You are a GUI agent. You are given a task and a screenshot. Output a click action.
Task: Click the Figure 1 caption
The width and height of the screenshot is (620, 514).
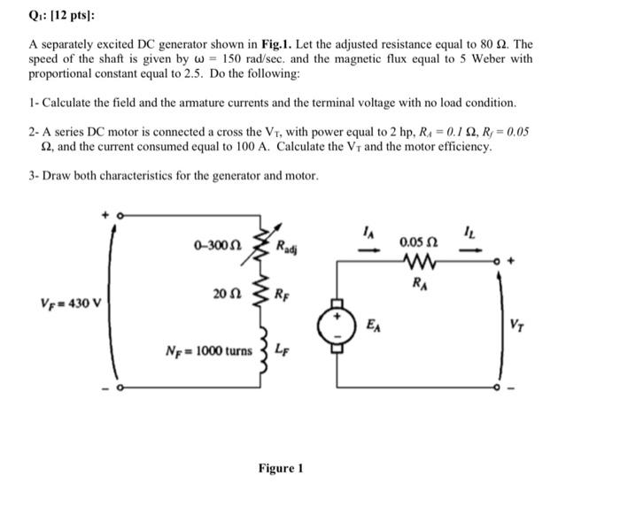pos(281,468)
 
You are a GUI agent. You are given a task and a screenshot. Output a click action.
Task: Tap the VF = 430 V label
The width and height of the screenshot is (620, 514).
pos(72,301)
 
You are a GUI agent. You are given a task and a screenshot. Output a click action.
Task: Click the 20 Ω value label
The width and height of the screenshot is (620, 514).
pos(225,293)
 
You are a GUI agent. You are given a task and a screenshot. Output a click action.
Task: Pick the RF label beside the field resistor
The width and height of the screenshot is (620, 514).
pos(282,293)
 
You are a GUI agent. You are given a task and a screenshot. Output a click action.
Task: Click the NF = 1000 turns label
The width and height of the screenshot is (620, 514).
pos(209,350)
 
